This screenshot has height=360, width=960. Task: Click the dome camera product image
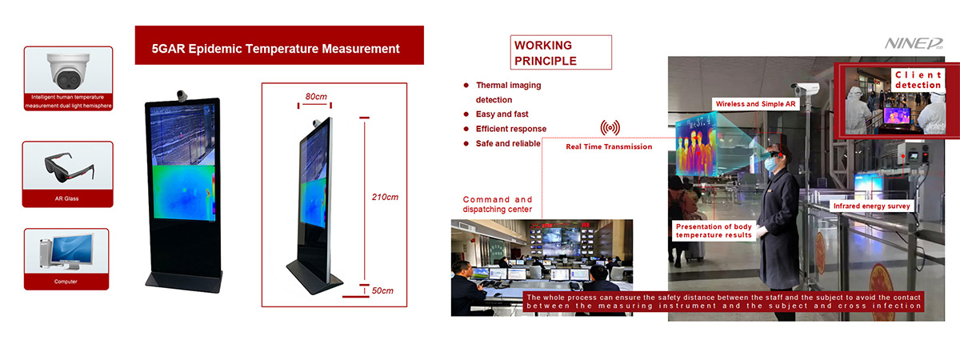tap(69, 70)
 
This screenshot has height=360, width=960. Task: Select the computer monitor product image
tap(67, 251)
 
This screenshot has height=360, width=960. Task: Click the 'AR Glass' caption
tap(67, 198)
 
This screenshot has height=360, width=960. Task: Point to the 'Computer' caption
tap(66, 282)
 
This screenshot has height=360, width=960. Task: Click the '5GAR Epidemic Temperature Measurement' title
tap(275, 49)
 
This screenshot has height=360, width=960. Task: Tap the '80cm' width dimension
tap(316, 97)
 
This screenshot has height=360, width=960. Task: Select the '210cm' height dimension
tap(385, 197)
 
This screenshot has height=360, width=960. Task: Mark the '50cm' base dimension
tap(382, 290)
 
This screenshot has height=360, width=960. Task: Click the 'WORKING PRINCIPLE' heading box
tap(561, 52)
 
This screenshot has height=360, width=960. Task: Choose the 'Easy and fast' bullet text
tap(502, 114)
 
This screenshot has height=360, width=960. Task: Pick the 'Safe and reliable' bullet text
tap(508, 143)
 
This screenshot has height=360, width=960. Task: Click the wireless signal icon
tap(610, 127)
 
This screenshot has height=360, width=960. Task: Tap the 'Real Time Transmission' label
tap(609, 146)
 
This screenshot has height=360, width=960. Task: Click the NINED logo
tap(914, 43)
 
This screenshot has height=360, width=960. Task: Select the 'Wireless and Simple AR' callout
tap(755, 104)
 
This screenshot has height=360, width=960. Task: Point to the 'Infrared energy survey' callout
tap(872, 206)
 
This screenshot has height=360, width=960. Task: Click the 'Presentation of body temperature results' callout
tap(714, 230)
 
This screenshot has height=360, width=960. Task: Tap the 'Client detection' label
tap(918, 80)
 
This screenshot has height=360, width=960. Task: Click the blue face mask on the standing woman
tap(770, 164)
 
